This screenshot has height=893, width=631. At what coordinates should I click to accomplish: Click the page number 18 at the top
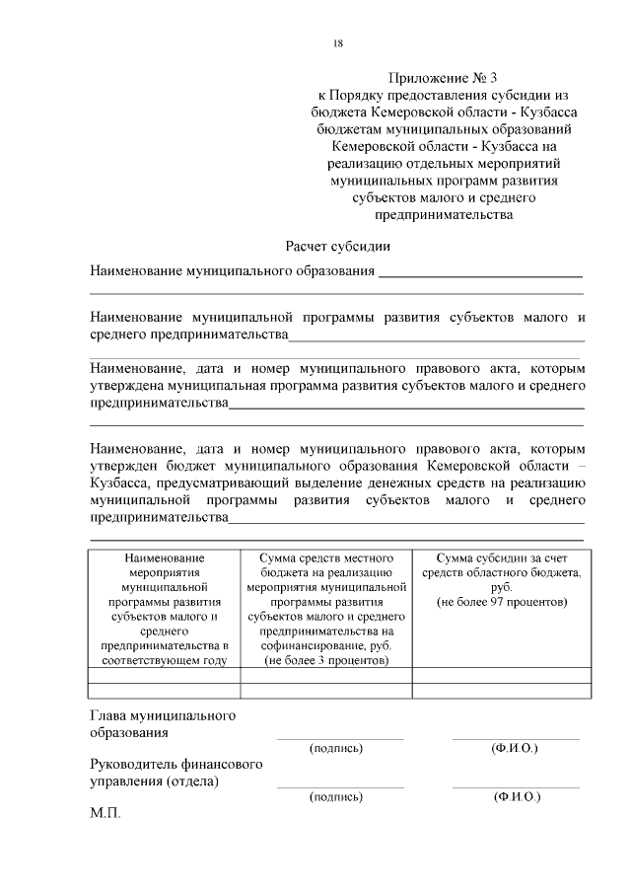[337, 43]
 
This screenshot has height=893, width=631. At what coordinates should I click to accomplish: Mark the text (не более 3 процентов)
[326, 659]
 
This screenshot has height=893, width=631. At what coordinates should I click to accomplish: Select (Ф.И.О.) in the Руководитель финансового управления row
[514, 795]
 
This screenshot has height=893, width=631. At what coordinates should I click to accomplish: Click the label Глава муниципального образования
[162, 723]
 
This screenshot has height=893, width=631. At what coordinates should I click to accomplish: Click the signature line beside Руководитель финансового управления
[339, 786]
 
